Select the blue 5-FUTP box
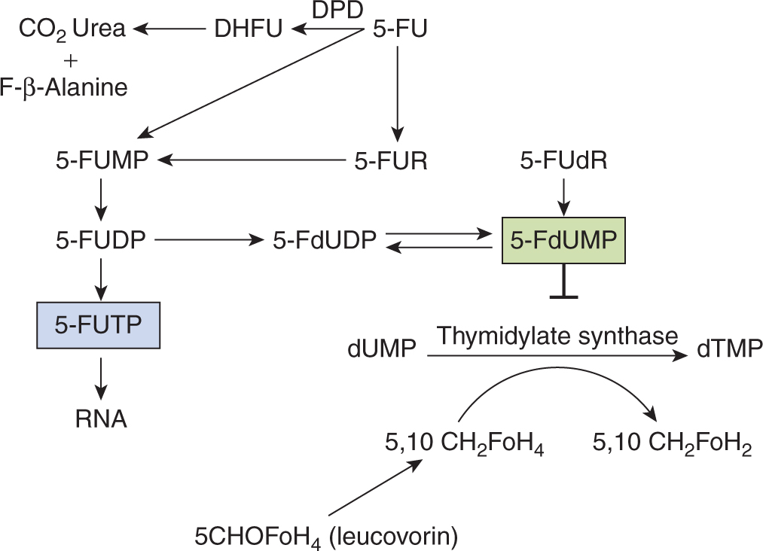tap(99, 324)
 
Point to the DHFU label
tap(249, 30)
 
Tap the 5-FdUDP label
tap(325, 241)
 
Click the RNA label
tap(101, 419)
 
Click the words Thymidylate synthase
tap(558, 335)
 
